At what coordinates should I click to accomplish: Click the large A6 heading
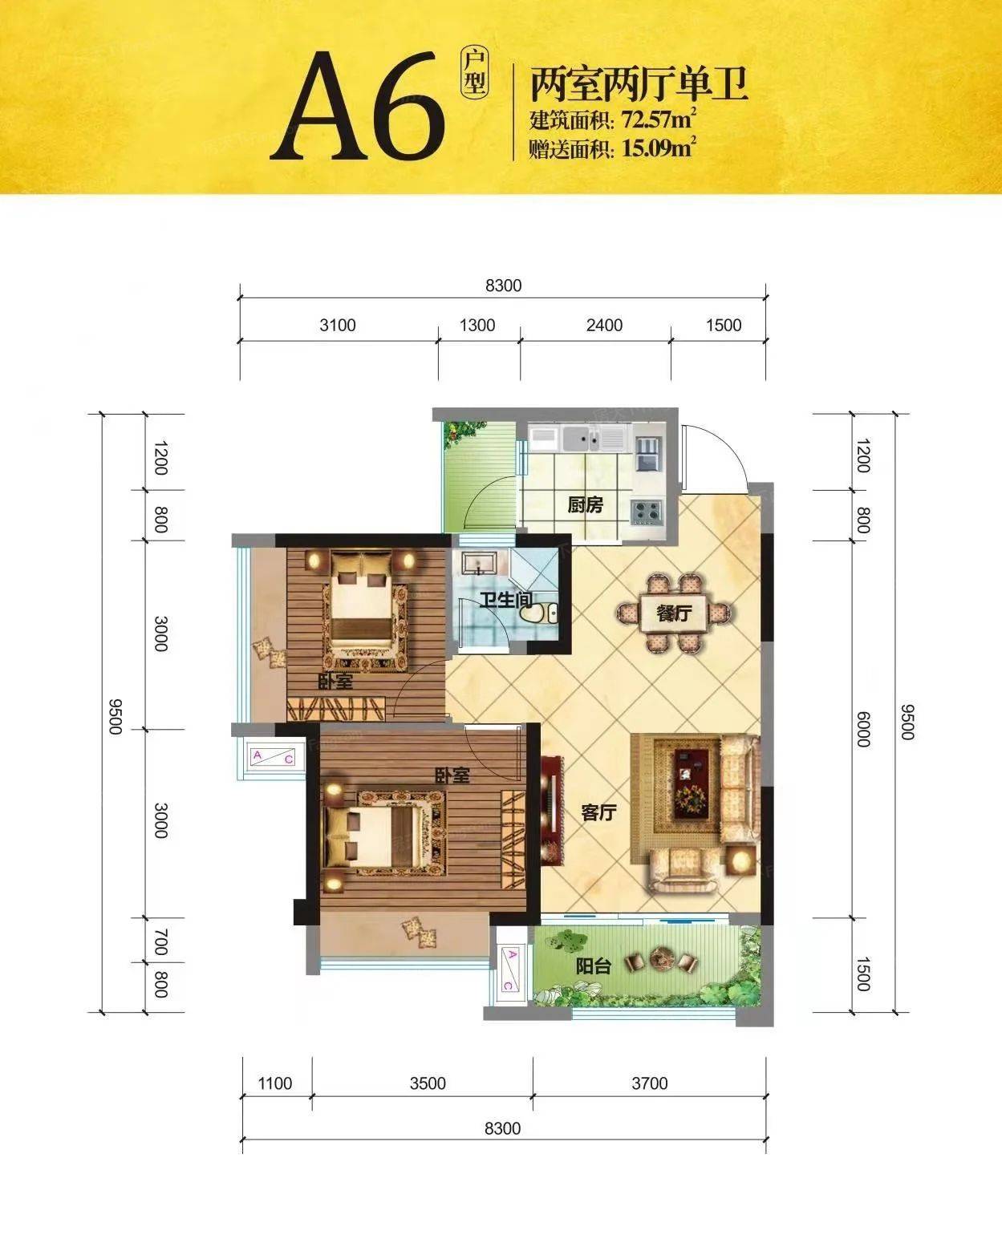[358, 106]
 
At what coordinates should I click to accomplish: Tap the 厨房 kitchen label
[585, 504]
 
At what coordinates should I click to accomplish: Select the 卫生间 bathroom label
[505, 600]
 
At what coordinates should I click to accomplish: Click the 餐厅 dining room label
[674, 613]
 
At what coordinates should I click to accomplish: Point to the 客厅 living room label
[598, 812]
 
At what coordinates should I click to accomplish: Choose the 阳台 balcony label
[593, 966]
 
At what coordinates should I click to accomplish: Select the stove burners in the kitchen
[647, 512]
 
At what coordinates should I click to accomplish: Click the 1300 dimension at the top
[477, 326]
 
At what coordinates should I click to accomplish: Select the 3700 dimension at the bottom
[649, 1083]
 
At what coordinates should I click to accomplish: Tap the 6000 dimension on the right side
[863, 730]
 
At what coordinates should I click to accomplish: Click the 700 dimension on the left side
[161, 942]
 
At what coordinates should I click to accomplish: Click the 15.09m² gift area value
[659, 148]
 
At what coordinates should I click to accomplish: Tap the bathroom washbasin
[479, 564]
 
